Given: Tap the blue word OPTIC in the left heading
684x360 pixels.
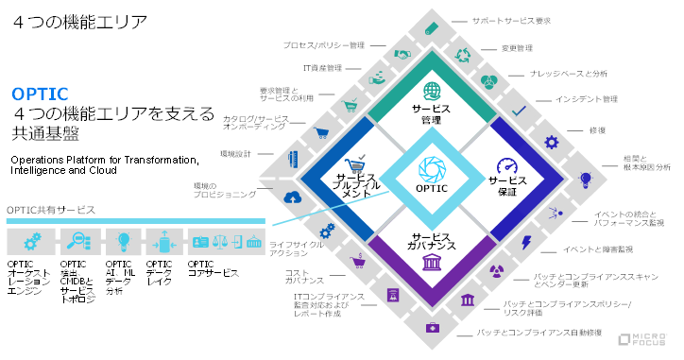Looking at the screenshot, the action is point(40,94).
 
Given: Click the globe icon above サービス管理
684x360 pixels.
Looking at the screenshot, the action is point(432,91).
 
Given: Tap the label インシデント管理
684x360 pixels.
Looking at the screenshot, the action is point(586,98).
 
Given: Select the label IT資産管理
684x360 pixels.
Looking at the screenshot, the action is point(322,68).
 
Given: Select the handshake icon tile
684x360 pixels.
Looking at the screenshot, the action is point(402,55).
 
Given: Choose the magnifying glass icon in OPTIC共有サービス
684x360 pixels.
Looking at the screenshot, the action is point(73,240).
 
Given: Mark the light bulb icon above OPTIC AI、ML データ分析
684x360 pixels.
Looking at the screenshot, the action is point(122,240).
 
